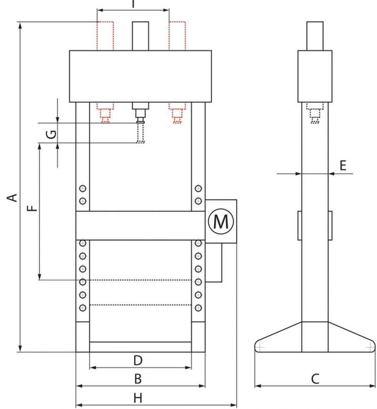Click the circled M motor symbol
(221, 221)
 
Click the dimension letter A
(14, 196)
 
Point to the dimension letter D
(138, 361)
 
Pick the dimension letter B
(138, 379)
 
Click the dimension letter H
(138, 398)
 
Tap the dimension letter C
(315, 379)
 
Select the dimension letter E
(343, 165)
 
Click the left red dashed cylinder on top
(105, 36)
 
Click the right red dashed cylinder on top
(178, 36)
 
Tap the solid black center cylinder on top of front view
(140, 36)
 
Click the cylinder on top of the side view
(315, 36)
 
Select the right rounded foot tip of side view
(369, 347)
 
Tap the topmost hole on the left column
(83, 189)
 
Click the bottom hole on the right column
(198, 308)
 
